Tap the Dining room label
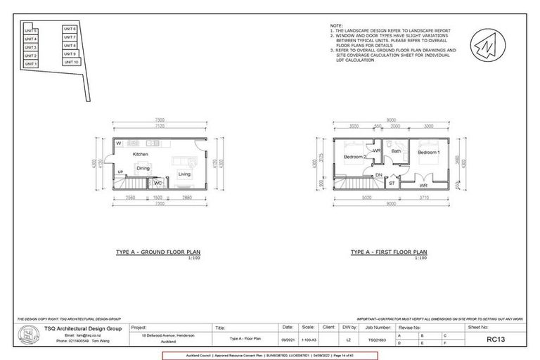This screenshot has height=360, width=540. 143,169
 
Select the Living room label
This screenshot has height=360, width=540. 184,174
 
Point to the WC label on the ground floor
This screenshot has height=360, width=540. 158,184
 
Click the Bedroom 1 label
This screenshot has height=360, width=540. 428,153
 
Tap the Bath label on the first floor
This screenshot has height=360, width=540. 396,151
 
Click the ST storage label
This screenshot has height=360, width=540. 391,183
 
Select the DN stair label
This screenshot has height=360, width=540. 379,175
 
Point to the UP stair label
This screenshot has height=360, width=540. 120,172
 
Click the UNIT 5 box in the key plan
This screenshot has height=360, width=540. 31,32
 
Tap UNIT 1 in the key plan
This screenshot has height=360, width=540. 31,64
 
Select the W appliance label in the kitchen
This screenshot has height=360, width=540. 120,143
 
